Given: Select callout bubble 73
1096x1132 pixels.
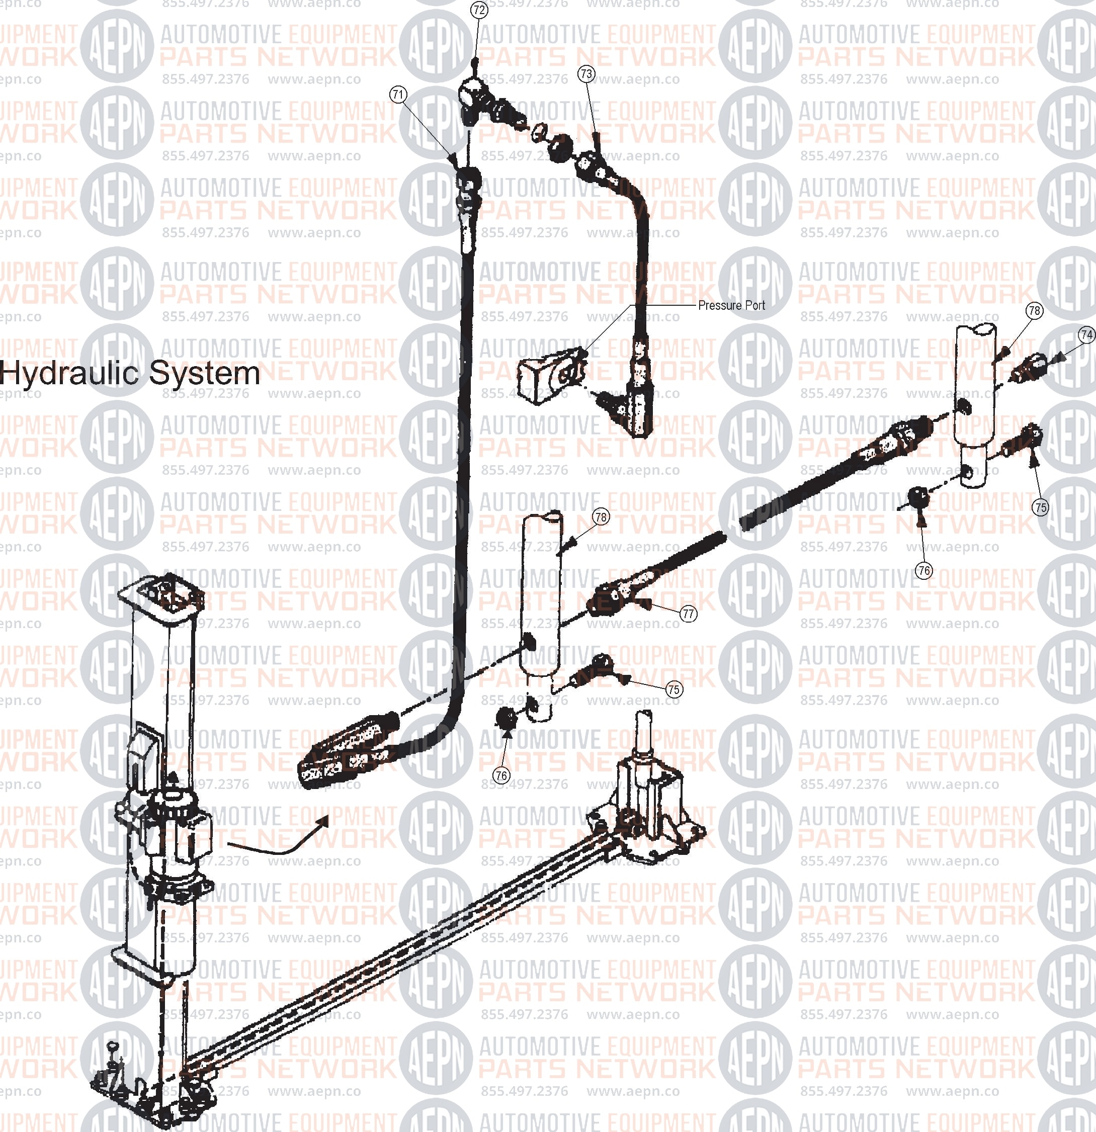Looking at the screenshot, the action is (x=586, y=74).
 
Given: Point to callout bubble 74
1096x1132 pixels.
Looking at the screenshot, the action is (x=1087, y=334).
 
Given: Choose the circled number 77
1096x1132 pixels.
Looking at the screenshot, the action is (x=688, y=614).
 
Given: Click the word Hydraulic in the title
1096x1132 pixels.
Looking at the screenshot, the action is (x=72, y=374).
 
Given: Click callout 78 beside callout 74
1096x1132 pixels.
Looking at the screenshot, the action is (x=1034, y=310).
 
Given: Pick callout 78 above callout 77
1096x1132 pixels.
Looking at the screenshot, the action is (x=601, y=517).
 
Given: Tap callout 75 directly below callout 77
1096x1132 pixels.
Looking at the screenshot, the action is (x=673, y=689).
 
